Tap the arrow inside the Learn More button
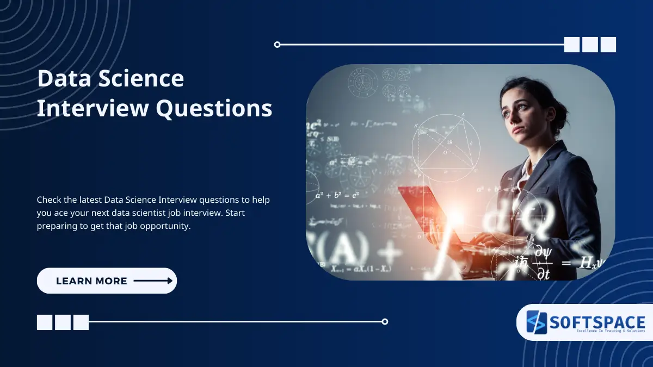[153, 281]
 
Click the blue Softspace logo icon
[536, 322]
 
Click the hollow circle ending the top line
[278, 45]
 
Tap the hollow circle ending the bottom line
[385, 321]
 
